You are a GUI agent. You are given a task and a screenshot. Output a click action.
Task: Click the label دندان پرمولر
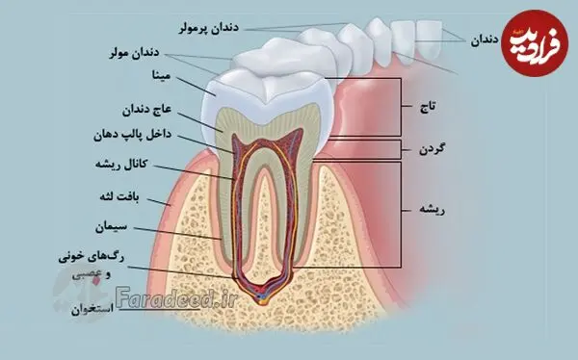pos(209,28)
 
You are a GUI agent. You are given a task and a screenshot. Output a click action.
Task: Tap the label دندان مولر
pos(134,53)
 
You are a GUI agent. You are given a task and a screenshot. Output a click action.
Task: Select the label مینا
pos(162,75)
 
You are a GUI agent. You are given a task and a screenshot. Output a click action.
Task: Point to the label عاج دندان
pos(146,110)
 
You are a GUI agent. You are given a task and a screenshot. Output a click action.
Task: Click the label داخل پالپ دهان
pos(132,135)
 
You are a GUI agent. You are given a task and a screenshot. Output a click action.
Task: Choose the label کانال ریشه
pos(121,165)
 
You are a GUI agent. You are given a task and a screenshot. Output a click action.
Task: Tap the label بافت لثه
pos(119,196)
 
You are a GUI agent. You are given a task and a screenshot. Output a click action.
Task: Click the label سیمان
pos(111,227)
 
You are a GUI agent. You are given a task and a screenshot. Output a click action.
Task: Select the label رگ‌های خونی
pos(92,258)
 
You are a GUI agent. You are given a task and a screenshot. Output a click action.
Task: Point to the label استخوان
pos(92,309)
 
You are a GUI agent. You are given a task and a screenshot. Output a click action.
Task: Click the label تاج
pos(428,107)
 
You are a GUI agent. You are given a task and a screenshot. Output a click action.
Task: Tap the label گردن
pos(432,149)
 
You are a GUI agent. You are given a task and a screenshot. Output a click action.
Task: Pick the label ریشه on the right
pos(432,210)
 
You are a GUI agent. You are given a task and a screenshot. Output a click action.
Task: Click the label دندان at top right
pos(485,40)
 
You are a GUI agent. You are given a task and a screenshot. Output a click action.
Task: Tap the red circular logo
pos(535,43)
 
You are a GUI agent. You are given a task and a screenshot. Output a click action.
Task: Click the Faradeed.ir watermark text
pos(175,296)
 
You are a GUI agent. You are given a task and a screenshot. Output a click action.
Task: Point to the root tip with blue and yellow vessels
pos(261,297)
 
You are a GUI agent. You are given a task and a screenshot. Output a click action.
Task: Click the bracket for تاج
pos(401,107)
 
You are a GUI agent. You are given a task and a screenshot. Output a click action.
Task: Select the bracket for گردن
pos(401,149)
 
